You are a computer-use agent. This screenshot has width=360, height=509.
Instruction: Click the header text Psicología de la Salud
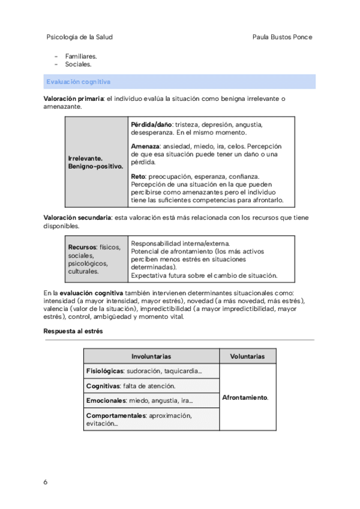pyautogui.click(x=79, y=37)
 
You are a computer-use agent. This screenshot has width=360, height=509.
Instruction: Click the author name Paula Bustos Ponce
pyautogui.click(x=284, y=37)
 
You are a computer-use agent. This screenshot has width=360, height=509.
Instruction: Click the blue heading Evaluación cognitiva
pyautogui.click(x=79, y=81)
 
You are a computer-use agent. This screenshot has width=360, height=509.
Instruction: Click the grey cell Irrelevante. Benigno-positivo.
pyautogui.click(x=95, y=162)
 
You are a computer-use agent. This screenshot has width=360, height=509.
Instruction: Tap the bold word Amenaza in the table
pyautogui.click(x=145, y=146)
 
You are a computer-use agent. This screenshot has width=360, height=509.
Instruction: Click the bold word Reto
pyautogui.click(x=137, y=176)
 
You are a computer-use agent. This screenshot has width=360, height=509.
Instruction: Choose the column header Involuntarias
pyautogui.click(x=151, y=357)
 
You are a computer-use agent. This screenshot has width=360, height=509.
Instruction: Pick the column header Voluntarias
pyautogui.click(x=247, y=357)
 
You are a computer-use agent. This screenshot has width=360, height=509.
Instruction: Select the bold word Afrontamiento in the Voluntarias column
pyautogui.click(x=244, y=398)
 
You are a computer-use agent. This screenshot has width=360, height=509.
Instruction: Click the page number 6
pyautogui.click(x=46, y=482)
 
